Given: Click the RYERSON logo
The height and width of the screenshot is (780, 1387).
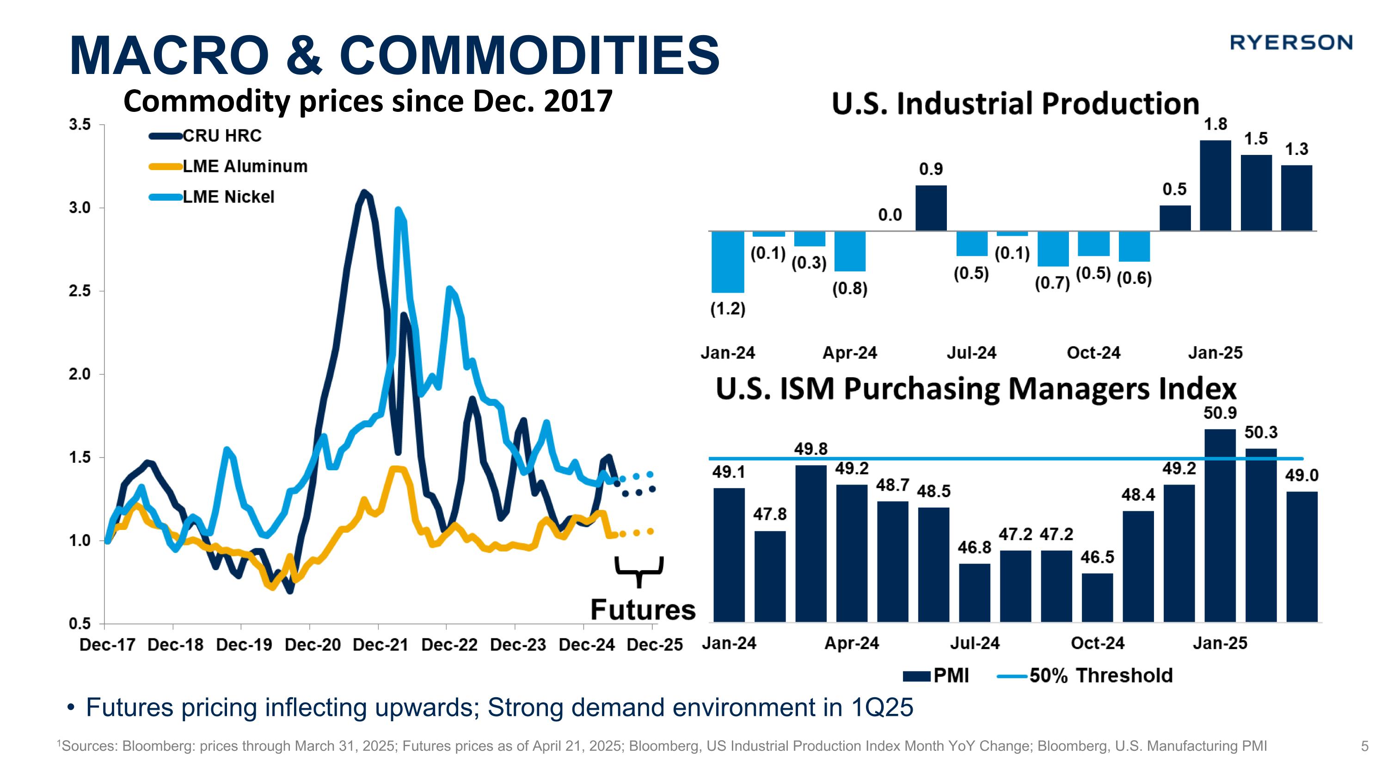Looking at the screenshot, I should click(1291, 43).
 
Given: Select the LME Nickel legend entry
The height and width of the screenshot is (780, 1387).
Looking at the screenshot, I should click(228, 197).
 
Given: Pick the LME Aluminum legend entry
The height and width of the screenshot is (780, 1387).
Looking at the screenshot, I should click(245, 166).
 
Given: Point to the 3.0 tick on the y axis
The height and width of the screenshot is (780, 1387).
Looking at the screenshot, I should click(80, 208).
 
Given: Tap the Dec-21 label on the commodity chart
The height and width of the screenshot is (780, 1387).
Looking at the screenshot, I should click(380, 645).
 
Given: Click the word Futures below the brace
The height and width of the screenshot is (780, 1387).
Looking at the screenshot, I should click(643, 610).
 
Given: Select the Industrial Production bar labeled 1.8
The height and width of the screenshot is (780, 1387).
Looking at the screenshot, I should click(1215, 185).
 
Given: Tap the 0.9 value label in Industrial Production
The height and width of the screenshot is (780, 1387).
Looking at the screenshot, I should click(931, 170).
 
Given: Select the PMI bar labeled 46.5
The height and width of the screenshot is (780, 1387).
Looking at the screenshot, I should click(1097, 597).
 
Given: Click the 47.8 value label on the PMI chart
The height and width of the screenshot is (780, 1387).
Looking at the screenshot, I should click(769, 515).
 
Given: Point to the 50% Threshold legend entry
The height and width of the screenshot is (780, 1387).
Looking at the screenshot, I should click(1100, 676).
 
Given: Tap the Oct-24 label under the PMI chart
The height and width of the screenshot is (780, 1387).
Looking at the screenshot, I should click(1097, 643).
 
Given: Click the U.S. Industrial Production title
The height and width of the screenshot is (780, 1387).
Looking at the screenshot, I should click(1015, 104).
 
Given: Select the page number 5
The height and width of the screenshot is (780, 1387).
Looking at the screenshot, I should click(1364, 746).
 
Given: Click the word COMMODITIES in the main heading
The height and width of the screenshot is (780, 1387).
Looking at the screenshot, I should click(530, 55).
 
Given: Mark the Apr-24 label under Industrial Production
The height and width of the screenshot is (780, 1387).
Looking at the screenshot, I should click(850, 353).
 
